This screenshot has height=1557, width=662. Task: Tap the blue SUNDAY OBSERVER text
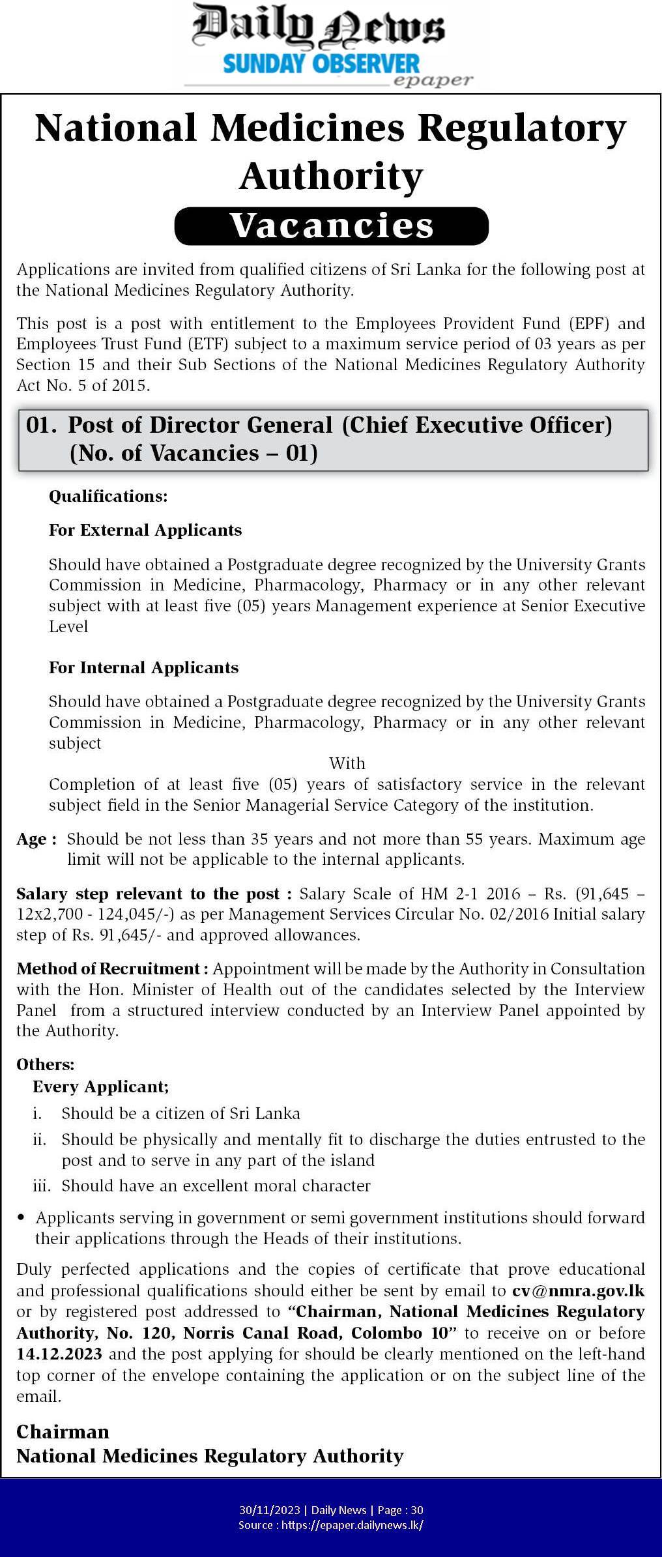321,64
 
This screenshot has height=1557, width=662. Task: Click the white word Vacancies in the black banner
331,226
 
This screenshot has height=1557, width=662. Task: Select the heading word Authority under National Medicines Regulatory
331,176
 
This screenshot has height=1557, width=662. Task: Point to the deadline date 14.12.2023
59,1354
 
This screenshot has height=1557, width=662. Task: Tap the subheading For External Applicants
145,530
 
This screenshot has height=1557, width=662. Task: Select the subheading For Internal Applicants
143,667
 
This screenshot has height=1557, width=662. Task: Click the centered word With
347,763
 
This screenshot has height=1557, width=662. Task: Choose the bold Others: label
46,1064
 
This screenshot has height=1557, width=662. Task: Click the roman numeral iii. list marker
42,1186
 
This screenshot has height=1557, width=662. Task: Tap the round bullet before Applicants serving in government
22,1217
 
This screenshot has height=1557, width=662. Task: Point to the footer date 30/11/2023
270,1509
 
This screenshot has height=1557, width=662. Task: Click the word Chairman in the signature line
63,1431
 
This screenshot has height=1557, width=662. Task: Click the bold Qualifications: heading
108,496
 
